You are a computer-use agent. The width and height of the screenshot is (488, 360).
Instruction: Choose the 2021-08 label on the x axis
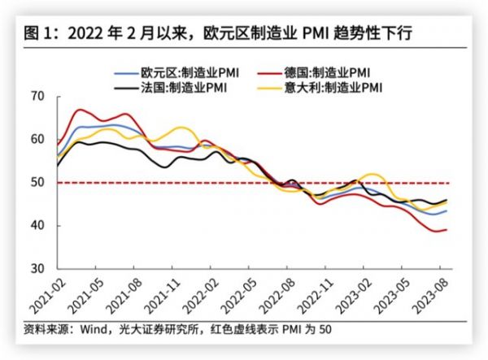coord(126,297)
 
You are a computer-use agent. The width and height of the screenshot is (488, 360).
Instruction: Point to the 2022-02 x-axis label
coord(203,297)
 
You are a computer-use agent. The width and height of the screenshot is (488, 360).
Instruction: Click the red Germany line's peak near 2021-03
coord(79,110)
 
